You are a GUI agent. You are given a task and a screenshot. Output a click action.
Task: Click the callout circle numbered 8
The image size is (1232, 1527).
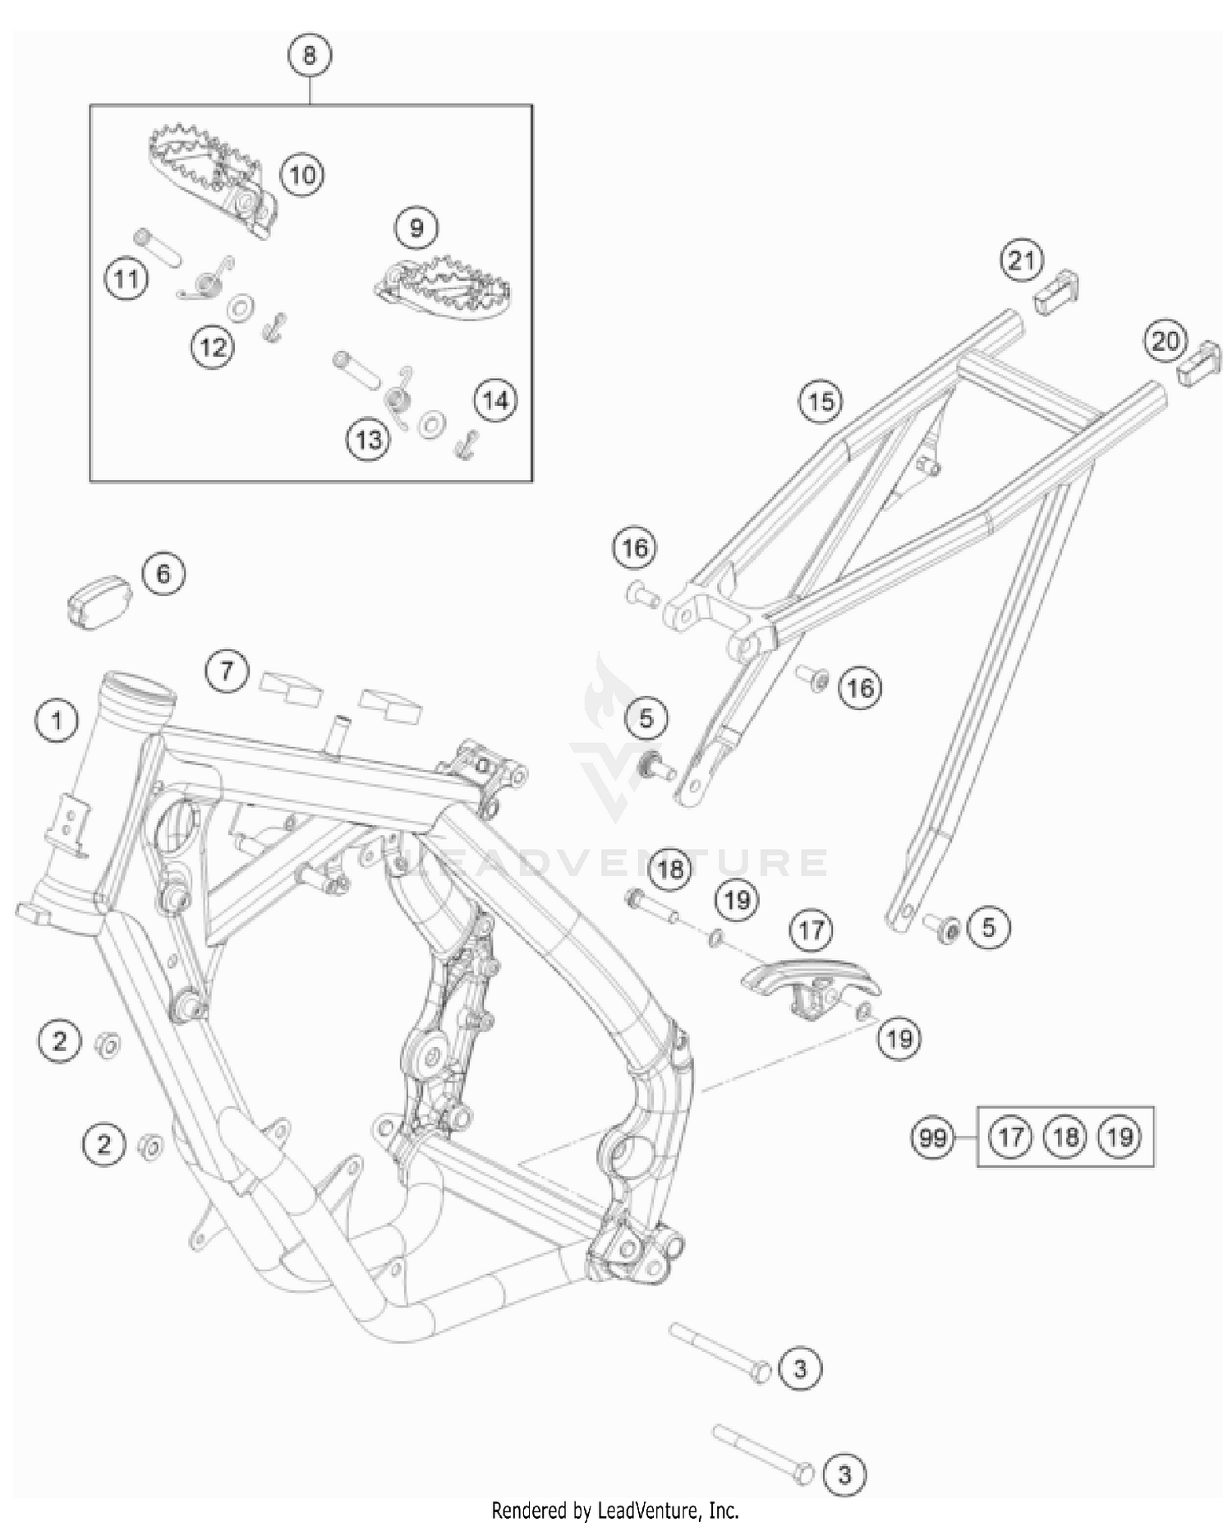(x=309, y=56)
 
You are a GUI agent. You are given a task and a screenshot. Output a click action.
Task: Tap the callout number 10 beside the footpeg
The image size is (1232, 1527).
(x=302, y=174)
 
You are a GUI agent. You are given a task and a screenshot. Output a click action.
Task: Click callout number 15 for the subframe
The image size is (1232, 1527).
(x=821, y=401)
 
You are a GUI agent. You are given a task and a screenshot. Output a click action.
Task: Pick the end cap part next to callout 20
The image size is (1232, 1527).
(x=1199, y=367)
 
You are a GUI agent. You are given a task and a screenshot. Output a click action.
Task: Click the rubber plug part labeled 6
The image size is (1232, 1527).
(x=99, y=604)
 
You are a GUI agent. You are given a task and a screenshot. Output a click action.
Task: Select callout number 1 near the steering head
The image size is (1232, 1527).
(x=56, y=722)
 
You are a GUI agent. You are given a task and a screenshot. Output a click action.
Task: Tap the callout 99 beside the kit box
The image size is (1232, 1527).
(x=933, y=1138)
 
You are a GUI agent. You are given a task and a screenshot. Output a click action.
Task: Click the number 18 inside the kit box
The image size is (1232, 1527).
(x=1065, y=1137)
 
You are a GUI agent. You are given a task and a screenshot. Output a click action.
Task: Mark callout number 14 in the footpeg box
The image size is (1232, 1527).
(x=494, y=400)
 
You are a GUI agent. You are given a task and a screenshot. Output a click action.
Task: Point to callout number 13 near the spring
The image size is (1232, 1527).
(x=367, y=439)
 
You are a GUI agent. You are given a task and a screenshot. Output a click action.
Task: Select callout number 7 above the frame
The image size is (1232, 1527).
(x=227, y=671)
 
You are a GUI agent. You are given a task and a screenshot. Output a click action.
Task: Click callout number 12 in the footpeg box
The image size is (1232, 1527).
(x=212, y=347)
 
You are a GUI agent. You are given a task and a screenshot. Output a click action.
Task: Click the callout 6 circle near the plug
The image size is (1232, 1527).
(x=163, y=573)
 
